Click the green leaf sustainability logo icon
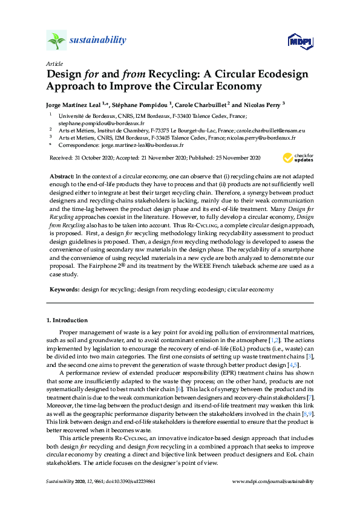coord(56,41)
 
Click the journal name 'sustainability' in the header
coord(98,41)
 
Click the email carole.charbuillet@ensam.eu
coord(271,130)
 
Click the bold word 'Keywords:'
coord(64,290)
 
